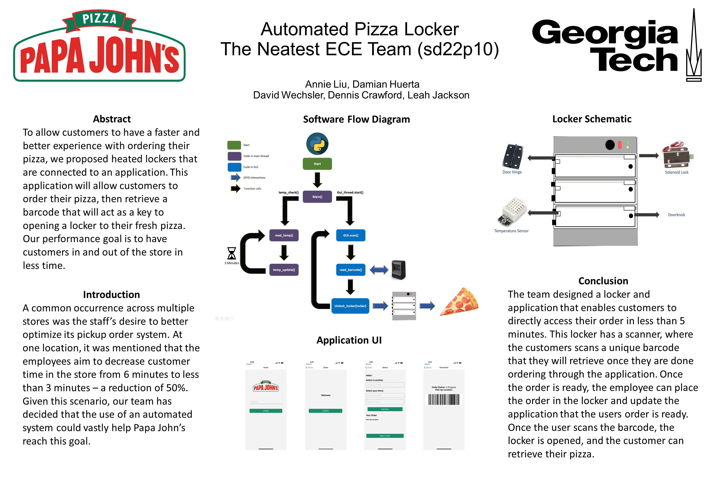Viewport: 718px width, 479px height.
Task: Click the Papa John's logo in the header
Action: coord(99,46)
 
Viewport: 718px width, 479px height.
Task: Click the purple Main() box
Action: coord(317,197)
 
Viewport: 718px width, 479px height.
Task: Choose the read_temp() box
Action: coord(284,235)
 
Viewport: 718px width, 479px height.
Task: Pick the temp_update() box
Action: coord(284,270)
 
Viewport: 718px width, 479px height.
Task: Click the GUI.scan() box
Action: coord(351,235)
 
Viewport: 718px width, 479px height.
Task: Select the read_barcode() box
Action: coord(351,270)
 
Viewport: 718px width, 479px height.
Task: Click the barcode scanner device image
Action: coord(399,270)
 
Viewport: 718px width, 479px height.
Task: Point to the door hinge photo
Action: coord(513,156)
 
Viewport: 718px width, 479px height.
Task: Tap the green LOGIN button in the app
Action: coord(266,411)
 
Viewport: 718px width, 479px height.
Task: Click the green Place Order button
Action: coord(385,436)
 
